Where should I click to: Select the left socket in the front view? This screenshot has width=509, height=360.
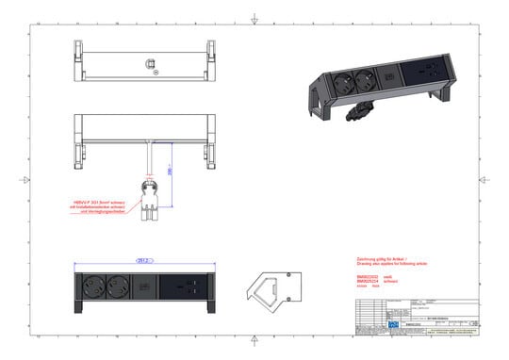pyautogui.click(x=95, y=284)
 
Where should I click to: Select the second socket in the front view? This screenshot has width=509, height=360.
pyautogui.click(x=118, y=284)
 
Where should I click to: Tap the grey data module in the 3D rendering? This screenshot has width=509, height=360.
pyautogui.click(x=384, y=69)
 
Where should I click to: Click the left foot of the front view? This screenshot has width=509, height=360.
pyautogui.click(x=76, y=303)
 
